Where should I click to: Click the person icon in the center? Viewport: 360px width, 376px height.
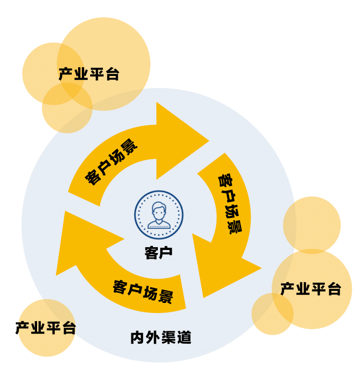[x=158, y=215]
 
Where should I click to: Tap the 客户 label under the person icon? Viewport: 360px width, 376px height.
[x=158, y=253]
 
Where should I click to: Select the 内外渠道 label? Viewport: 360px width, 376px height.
[x=161, y=338]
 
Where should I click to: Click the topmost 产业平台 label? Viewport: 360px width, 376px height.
[x=89, y=75]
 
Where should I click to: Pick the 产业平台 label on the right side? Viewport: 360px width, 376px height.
[x=310, y=289]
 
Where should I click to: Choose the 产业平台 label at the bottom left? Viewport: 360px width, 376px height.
[x=46, y=328]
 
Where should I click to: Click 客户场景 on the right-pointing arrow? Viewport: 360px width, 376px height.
[x=112, y=163]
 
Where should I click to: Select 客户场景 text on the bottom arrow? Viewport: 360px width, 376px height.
[x=143, y=291]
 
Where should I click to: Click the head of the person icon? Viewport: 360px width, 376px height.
[x=158, y=209]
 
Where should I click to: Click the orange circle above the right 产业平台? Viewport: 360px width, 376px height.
[x=312, y=224]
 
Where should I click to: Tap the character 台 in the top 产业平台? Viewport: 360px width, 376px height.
[x=112, y=75]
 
